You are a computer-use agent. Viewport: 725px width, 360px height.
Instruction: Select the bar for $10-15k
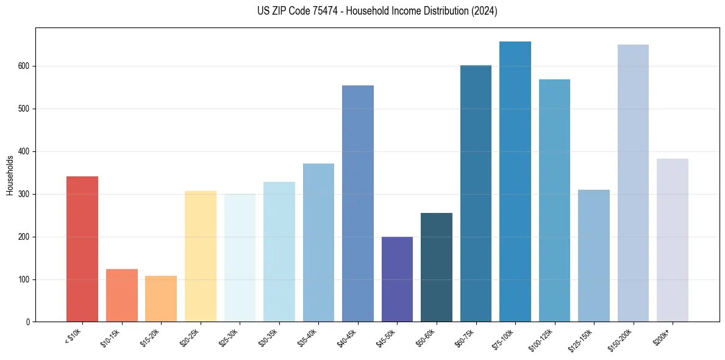121,295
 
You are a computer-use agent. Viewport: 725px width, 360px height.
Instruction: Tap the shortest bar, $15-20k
161,299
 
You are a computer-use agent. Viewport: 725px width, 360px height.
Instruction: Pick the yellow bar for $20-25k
200,256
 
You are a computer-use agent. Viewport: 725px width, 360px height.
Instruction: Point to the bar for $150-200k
633,183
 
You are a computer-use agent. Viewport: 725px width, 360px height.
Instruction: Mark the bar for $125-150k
594,256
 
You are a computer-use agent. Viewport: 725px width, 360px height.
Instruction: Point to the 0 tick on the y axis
29,322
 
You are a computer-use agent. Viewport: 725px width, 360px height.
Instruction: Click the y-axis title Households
10,175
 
